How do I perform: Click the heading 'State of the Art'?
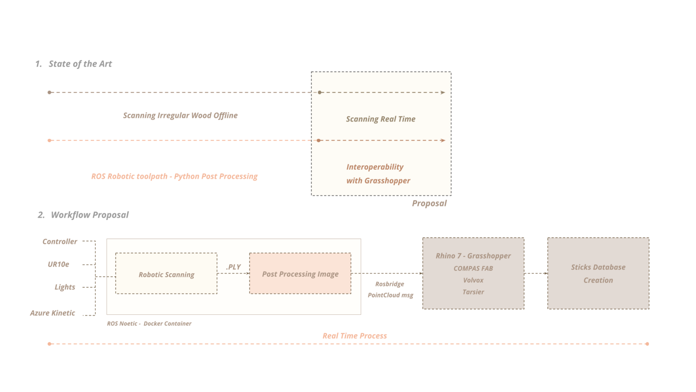tap(80, 64)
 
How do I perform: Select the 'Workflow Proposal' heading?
tap(89, 215)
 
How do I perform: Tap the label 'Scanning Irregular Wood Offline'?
tap(180, 116)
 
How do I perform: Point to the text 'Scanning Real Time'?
tap(381, 119)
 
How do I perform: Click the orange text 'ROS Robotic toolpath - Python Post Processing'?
tap(174, 176)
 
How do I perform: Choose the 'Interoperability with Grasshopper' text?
tap(378, 174)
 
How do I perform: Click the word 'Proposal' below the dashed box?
tap(429, 204)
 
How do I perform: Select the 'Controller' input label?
tap(60, 242)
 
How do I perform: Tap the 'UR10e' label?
tap(58, 265)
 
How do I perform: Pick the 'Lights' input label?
tap(65, 287)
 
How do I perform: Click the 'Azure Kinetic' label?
tap(53, 313)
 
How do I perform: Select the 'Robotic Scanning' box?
tap(166, 274)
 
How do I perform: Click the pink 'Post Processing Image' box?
tap(300, 274)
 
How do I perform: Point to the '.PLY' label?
tap(233, 267)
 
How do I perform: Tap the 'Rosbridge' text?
tap(390, 284)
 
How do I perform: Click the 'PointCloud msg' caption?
tap(391, 295)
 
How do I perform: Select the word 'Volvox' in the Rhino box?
tap(473, 280)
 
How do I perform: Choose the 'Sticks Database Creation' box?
tap(598, 274)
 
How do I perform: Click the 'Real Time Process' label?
tap(355, 336)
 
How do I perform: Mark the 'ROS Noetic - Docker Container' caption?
tap(149, 324)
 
